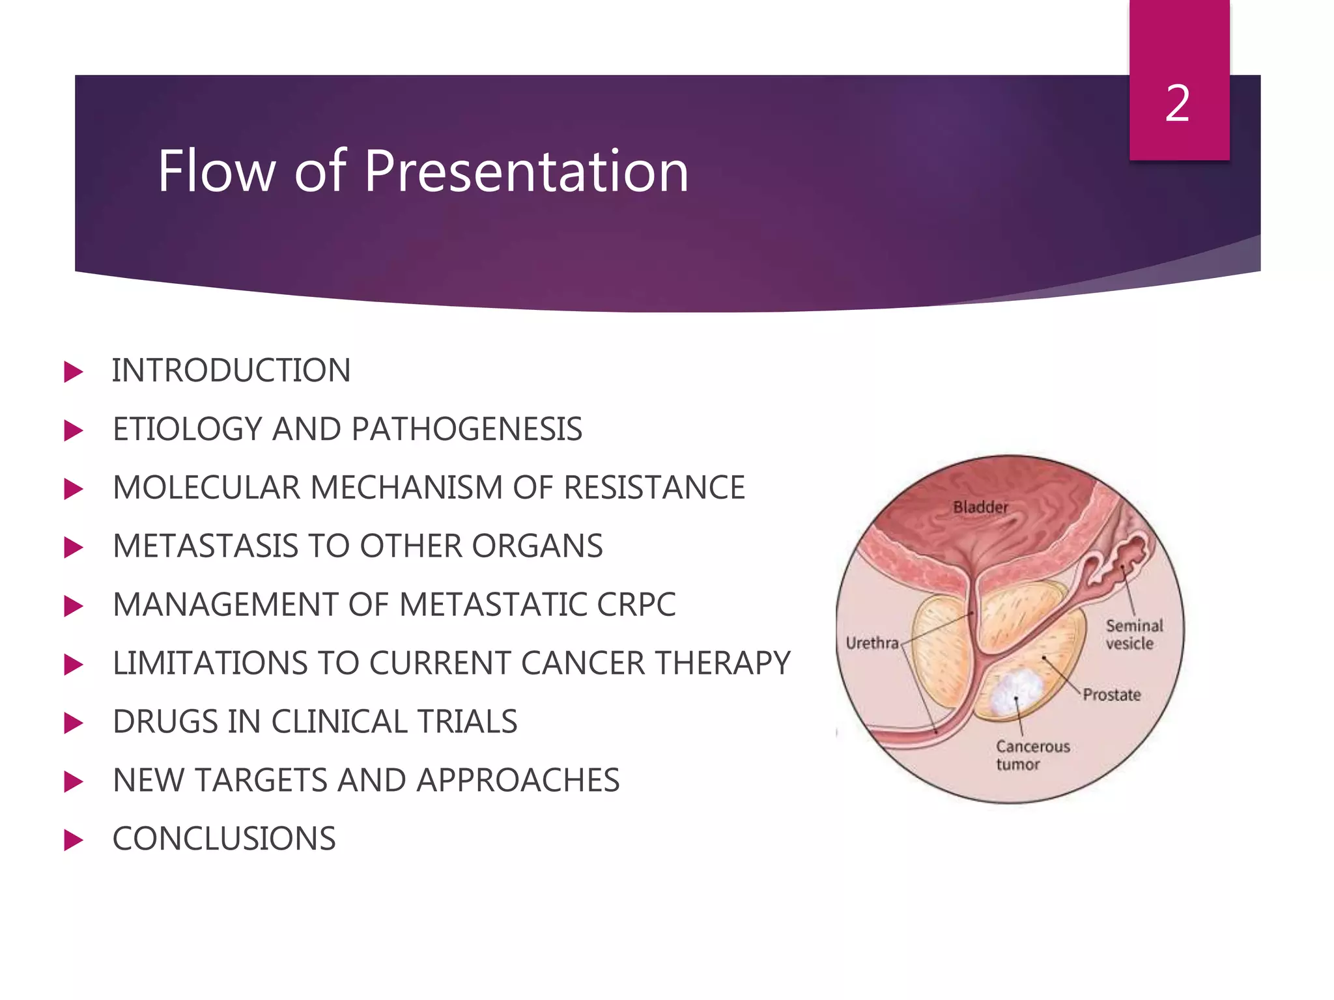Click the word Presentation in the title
526,171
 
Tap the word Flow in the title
216,171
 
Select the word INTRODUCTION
231,371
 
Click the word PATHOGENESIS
466,430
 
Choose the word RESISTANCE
654,488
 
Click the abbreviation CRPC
636,605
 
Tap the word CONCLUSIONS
224,839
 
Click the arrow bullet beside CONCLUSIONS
74,840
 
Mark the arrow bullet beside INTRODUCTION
74,372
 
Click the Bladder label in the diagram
980,507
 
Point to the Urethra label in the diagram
872,643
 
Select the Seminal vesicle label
1133,635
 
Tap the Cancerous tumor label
1032,755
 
